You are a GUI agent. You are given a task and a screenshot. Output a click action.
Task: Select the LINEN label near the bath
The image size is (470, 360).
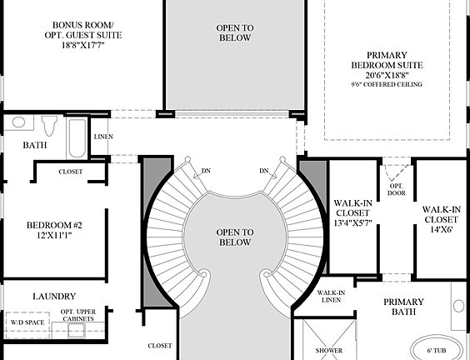point(103,137)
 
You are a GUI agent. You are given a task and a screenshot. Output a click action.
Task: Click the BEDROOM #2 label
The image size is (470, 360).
point(54,225)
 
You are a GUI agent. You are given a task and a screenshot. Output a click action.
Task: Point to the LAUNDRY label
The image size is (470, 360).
point(54,296)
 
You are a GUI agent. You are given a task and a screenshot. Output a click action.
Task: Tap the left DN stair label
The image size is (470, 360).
point(206,172)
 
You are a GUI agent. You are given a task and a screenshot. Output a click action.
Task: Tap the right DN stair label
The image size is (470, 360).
point(264,172)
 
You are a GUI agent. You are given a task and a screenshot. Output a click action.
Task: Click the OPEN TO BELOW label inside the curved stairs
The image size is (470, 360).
point(234,237)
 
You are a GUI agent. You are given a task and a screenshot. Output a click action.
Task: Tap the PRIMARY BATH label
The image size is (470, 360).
point(404,307)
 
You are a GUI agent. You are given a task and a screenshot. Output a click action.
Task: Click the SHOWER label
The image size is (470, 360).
point(328,351)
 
